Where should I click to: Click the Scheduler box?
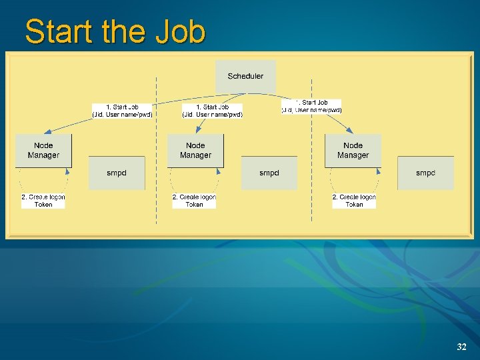[245, 77]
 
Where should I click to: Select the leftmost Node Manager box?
[43, 150]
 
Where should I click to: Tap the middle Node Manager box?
[195, 150]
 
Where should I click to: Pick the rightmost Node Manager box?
[353, 150]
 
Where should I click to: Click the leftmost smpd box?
[117, 173]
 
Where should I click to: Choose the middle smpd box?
[269, 173]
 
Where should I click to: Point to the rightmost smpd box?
[425, 173]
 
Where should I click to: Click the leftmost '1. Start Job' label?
[122, 111]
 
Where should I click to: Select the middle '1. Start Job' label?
[213, 111]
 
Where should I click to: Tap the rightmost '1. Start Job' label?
[312, 107]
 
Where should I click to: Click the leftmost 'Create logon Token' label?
[43, 201]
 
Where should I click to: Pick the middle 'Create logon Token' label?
[194, 201]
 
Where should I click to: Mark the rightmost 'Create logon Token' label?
[354, 201]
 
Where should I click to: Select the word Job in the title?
[181, 31]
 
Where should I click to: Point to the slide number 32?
[461, 347]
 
